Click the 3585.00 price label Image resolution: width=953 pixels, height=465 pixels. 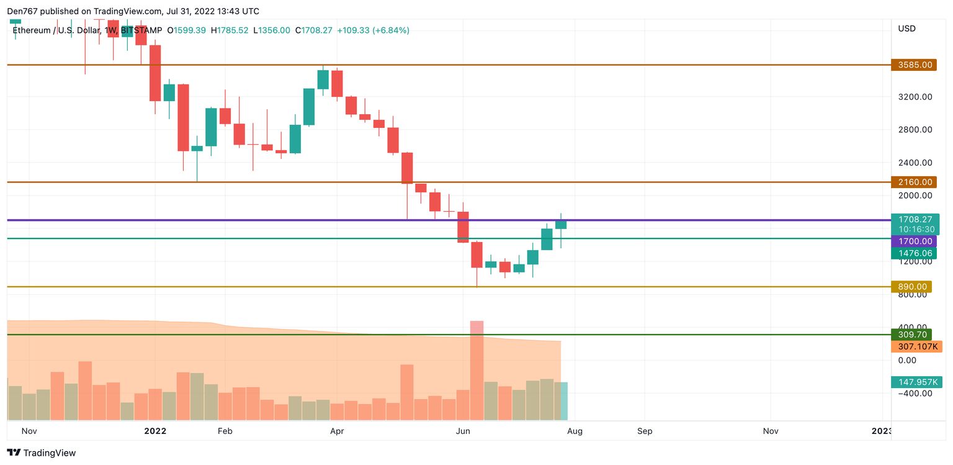[913, 65]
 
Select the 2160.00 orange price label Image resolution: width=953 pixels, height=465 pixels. [913, 182]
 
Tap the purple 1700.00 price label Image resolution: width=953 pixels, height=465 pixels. [913, 241]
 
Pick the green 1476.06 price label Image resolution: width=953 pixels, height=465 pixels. [913, 253]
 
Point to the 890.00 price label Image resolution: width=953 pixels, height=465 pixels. [913, 287]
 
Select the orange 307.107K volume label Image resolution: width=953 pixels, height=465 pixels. [916, 346]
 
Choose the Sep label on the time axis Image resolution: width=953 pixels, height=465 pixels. [645, 431]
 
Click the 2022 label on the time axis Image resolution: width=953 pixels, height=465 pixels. [155, 431]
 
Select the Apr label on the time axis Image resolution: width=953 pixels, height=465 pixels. [337, 431]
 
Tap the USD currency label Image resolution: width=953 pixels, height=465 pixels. [906, 29]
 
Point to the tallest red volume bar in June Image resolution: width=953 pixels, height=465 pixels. [476, 370]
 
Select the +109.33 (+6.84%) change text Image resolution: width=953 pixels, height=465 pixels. [373, 30]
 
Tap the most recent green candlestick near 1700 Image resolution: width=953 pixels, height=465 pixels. [561, 224]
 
